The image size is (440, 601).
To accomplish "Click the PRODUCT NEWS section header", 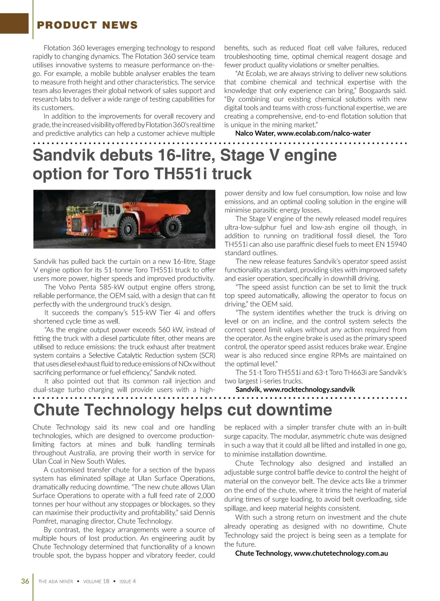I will (x=87, y=25).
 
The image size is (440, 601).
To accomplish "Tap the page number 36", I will (x=25, y=581).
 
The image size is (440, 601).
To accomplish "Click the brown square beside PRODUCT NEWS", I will (x=14, y=23).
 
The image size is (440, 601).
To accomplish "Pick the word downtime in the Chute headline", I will (x=294, y=410).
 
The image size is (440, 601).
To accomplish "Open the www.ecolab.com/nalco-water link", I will (x=324, y=133).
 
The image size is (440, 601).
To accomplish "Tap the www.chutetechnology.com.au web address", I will (x=341, y=553).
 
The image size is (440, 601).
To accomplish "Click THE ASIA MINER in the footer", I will (x=56, y=582).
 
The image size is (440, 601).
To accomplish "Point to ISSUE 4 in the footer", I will (x=128, y=582).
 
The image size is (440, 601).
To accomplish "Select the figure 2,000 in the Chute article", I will (x=206, y=496).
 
